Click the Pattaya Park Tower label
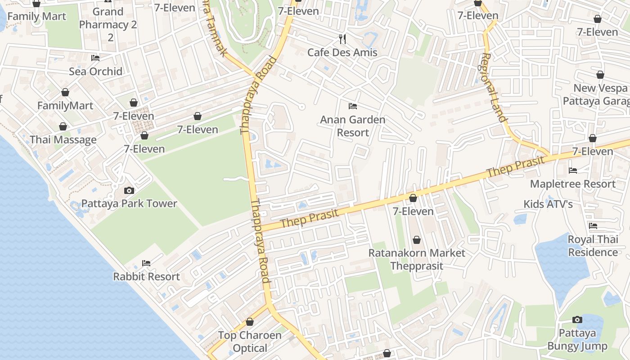pyautogui.click(x=129, y=203)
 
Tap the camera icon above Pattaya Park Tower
pyautogui.click(x=129, y=190)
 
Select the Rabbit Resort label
pyautogui.click(x=146, y=276)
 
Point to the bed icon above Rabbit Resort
pyautogui.click(x=146, y=263)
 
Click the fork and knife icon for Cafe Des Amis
pyautogui.click(x=342, y=39)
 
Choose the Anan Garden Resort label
pyautogui.click(x=353, y=126)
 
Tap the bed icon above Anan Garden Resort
pyautogui.click(x=353, y=106)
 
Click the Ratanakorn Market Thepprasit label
pyautogui.click(x=417, y=259)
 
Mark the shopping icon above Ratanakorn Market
pyautogui.click(x=417, y=240)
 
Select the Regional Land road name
pyautogui.click(x=494, y=87)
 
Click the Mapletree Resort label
pyautogui.click(x=573, y=184)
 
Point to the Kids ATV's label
pyautogui.click(x=548, y=204)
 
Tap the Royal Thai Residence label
pyautogui.click(x=593, y=246)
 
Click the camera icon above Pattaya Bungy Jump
pyautogui.click(x=577, y=320)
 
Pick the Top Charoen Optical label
pyautogui.click(x=250, y=342)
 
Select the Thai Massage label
pyautogui.click(x=63, y=139)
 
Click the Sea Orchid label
pyautogui.click(x=95, y=71)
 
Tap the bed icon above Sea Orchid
pyautogui.click(x=95, y=58)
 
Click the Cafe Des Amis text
pyautogui.click(x=342, y=52)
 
